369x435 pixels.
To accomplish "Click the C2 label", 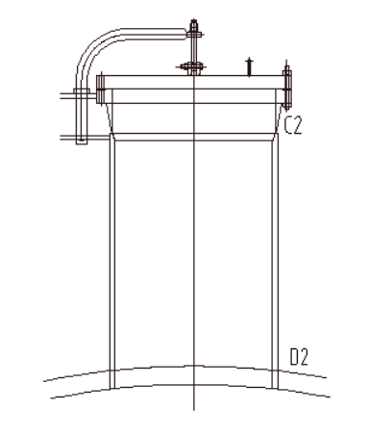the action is [293, 125].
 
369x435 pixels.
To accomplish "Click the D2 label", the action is [299, 357].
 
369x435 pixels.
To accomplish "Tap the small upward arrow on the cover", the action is [249, 67].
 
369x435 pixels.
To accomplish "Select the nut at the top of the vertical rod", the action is [194, 34].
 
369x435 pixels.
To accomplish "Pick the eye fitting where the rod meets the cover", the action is [193, 67].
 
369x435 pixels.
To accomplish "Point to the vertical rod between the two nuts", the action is [194, 50].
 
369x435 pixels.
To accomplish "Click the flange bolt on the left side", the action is [100, 89].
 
